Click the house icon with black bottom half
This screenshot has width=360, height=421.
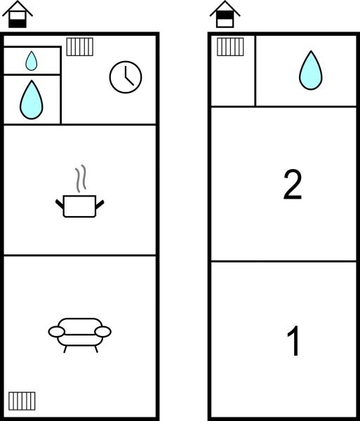pos(18,14)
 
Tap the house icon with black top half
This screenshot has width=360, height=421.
pos(225,14)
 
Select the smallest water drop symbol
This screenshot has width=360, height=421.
pos(32,61)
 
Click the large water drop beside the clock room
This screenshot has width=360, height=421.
pos(32,100)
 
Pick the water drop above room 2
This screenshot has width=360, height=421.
pos(311,70)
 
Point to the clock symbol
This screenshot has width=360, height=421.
pos(126,77)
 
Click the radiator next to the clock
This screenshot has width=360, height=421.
pos(80,47)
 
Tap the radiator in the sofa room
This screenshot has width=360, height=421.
pos(22,401)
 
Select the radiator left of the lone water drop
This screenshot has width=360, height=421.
pos(230,47)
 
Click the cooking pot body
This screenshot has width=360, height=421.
pos(80,206)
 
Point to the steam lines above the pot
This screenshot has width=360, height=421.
pos(81,178)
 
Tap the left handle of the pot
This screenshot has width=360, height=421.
pos(60,203)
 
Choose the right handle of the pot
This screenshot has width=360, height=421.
pos(100,204)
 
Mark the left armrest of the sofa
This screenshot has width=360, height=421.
pos(56,332)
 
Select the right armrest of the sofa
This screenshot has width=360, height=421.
pos(103,332)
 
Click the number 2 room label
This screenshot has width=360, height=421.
pos(293,185)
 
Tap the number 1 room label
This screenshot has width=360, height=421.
pos(293,341)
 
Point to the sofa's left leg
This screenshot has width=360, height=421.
pos(65,349)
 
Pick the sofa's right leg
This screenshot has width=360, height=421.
pos(96,349)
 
